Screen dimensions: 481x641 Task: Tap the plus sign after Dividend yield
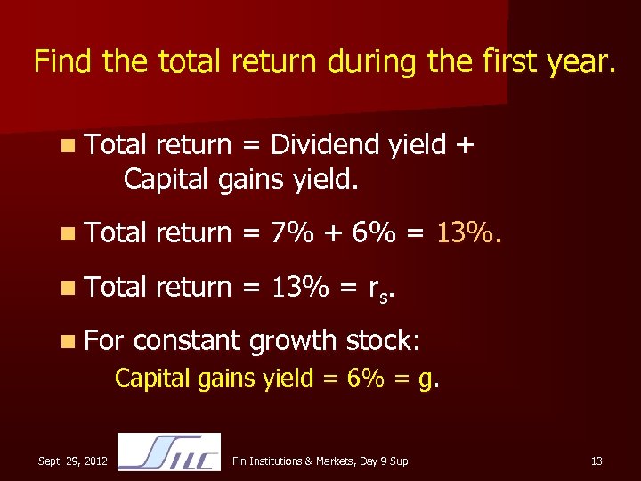tap(462, 144)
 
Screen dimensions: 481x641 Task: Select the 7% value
tap(293, 233)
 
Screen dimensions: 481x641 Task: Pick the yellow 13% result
tap(468, 233)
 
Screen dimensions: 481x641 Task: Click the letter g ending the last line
tap(431, 379)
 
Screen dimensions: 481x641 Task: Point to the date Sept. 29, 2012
tap(73, 461)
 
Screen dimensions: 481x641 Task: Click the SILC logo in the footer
tap(169, 452)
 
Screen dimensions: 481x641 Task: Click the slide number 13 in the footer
tap(596, 461)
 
